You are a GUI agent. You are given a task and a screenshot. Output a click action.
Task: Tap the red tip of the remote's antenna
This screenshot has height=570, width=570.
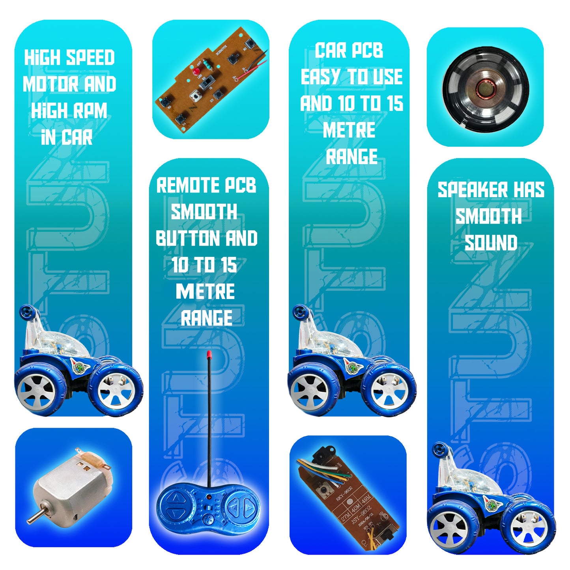coord(208,354)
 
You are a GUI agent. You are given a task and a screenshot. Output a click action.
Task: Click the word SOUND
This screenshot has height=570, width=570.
coord(491,243)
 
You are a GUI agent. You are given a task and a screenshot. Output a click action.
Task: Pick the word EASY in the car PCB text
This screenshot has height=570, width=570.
coord(320,77)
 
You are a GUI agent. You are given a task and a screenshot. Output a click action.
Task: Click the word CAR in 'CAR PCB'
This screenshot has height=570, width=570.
coord(330,50)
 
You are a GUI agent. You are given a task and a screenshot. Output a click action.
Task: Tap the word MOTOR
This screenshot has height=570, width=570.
coord(51,84)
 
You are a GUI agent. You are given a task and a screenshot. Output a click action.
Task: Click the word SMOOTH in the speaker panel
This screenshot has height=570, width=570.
coord(488,217)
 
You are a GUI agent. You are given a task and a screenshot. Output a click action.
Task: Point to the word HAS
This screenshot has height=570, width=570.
coord(529,190)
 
